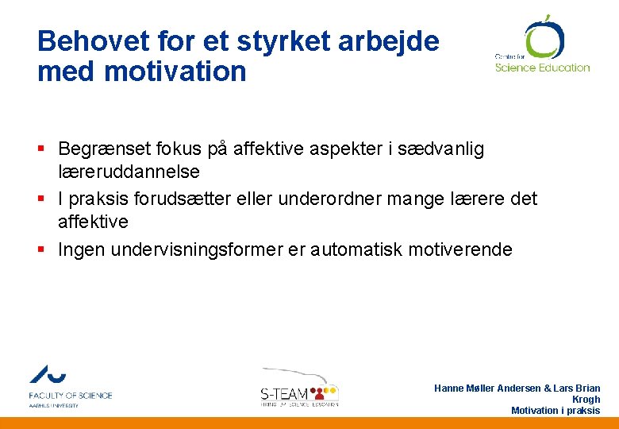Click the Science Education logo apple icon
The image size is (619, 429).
pos(544,37)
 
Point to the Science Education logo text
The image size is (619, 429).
pos(542,68)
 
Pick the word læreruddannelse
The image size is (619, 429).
pos(129,172)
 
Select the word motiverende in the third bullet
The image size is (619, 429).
pos(460,249)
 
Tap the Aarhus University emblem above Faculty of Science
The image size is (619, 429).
pos(48,374)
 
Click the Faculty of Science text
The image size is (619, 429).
pos(71,395)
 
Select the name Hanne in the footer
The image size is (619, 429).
pos(451,388)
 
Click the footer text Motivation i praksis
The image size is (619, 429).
pos(556,411)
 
